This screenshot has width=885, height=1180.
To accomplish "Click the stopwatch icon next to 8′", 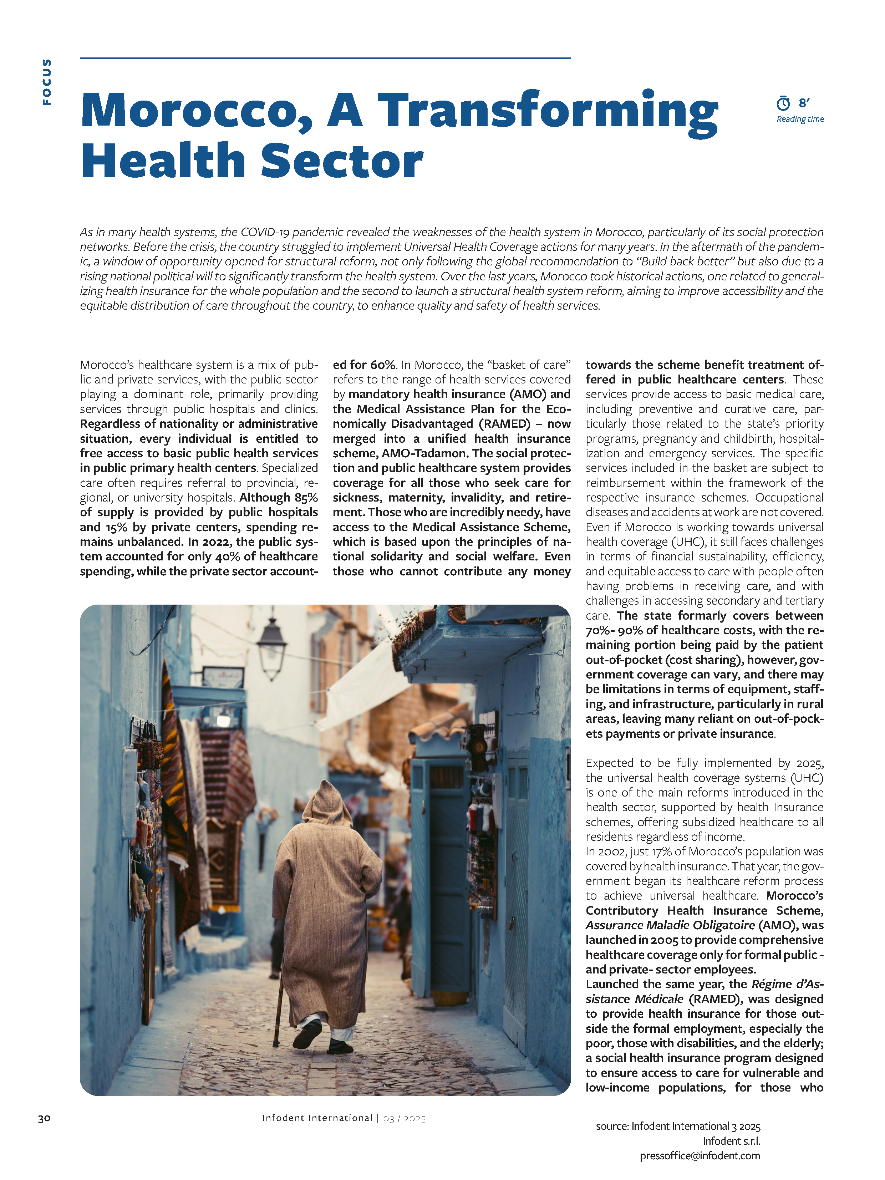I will coord(783,103).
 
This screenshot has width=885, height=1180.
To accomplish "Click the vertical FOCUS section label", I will coord(47,82).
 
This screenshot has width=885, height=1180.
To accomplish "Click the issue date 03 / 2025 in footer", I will coord(404,1118).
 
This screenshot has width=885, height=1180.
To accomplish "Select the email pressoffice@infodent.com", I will coord(700,1155).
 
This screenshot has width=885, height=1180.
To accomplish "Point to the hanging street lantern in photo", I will coord(272,647).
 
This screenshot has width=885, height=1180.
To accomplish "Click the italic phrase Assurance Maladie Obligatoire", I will coord(670,925).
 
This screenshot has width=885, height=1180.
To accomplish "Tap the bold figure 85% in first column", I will coord(306,497).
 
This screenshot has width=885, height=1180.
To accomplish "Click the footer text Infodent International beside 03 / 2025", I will coord(317,1118).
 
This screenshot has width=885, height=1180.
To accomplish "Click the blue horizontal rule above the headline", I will coord(325,58).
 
